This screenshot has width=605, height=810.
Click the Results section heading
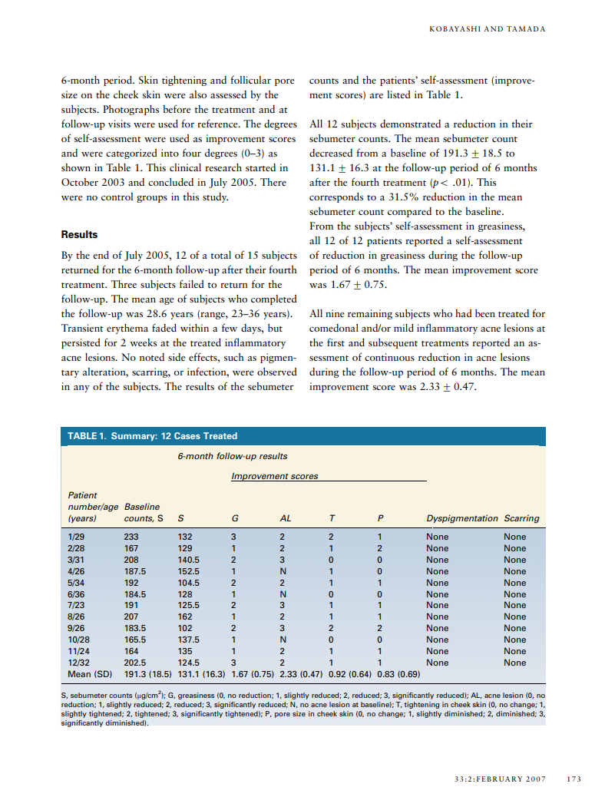click(79, 234)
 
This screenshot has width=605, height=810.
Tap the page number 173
click(574, 779)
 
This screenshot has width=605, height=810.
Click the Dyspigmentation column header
click(461, 518)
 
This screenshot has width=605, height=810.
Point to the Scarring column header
click(521, 518)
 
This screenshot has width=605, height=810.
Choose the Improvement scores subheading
click(274, 476)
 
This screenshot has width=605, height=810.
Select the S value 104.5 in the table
click(188, 583)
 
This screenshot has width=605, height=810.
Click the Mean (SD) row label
click(90, 674)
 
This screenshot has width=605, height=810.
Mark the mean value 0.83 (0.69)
click(398, 674)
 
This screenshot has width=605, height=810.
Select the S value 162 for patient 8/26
click(185, 617)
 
